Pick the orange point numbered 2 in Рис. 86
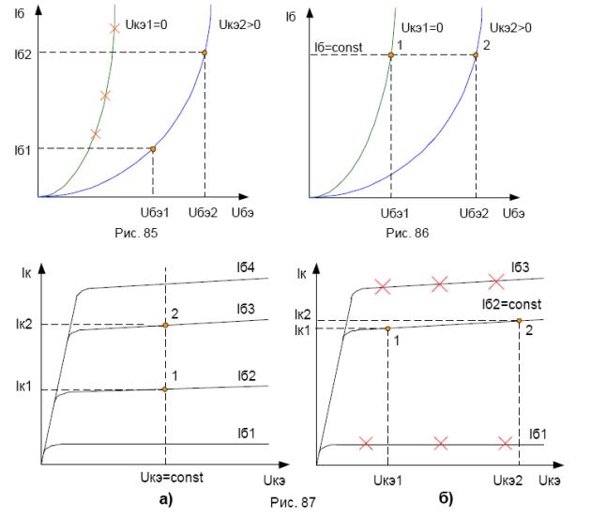click(475, 55)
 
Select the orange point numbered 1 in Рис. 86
click(391, 55)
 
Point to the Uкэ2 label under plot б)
click(508, 480)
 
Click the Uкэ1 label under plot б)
click(387, 480)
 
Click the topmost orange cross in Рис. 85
click(114, 29)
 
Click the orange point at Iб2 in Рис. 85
click(204, 53)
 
